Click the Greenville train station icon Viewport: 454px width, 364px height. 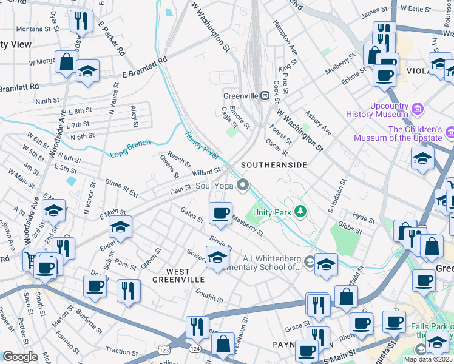coord(265,96)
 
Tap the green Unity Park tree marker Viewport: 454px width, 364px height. coord(299,211)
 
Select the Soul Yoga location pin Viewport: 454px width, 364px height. coord(244,186)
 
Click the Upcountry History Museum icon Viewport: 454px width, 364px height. coord(416,109)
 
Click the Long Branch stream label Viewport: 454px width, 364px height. coord(130,149)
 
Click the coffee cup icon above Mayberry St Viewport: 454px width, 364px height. coord(220,214)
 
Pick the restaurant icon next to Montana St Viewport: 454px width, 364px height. coord(81,22)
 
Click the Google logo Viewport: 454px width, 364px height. coord(20,357)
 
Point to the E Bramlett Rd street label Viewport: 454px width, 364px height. coord(144,69)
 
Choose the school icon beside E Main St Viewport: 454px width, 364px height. coord(121,228)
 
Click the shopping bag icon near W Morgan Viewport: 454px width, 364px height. coord(66,62)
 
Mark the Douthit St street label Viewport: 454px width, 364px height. coord(210,295)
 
